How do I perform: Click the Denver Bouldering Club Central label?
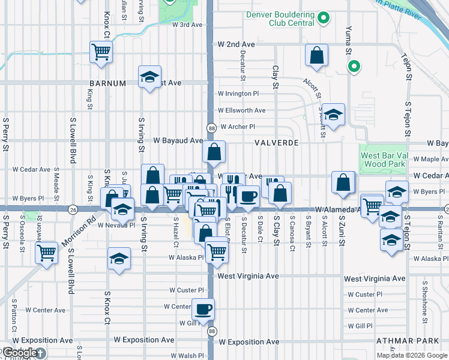pyautogui.click(x=280, y=18)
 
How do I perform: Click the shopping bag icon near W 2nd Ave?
pyautogui.click(x=316, y=56)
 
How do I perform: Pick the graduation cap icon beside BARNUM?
pyautogui.click(x=149, y=77)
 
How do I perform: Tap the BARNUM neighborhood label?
pyautogui.click(x=107, y=83)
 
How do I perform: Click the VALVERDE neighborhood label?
pyautogui.click(x=276, y=143)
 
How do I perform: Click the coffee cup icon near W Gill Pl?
pyautogui.click(x=203, y=310)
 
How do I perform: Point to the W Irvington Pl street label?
pyautogui.click(x=238, y=94)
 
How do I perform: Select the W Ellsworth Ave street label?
pyautogui.click(x=241, y=110)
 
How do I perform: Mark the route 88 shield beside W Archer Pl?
pyautogui.click(x=211, y=128)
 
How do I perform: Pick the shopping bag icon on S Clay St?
pyautogui.click(x=279, y=193)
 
